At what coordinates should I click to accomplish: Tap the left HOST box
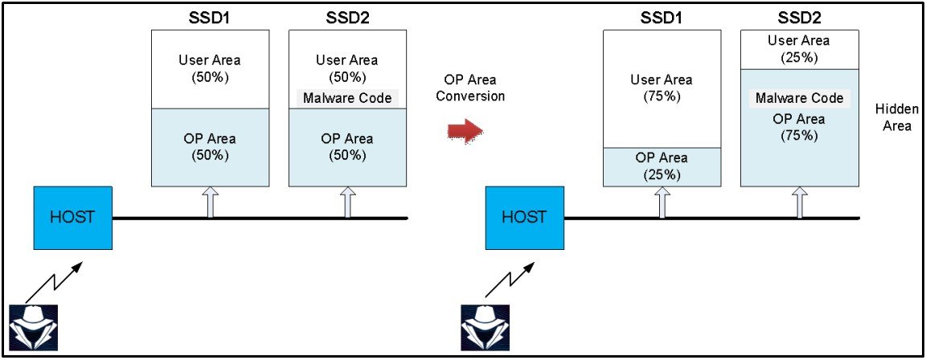(x=73, y=218)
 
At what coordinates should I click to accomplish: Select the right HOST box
(x=524, y=218)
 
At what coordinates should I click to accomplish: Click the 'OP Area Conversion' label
(x=474, y=88)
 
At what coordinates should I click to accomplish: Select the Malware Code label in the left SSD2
(x=347, y=98)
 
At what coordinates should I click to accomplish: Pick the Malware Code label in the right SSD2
(x=799, y=98)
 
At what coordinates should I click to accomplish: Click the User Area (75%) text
(x=662, y=88)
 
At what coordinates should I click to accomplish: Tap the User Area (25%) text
(x=799, y=48)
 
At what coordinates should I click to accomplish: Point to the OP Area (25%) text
(x=662, y=166)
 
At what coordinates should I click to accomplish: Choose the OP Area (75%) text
(x=799, y=127)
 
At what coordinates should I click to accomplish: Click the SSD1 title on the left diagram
(x=211, y=17)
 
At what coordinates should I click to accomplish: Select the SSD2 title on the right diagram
(x=799, y=17)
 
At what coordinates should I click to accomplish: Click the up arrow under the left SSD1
(x=211, y=202)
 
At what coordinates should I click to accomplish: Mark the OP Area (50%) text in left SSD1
(x=211, y=146)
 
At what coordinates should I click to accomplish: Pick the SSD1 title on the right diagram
(x=662, y=17)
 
